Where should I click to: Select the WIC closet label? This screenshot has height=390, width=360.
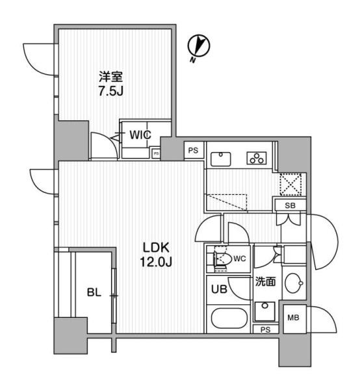point(140,136)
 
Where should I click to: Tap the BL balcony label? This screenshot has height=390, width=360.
point(94,293)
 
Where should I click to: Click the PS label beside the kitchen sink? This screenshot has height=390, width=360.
point(192,150)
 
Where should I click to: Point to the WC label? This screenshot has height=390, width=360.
point(239,259)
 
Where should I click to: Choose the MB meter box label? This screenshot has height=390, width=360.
point(293,318)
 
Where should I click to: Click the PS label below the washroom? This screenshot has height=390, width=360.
point(265,330)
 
